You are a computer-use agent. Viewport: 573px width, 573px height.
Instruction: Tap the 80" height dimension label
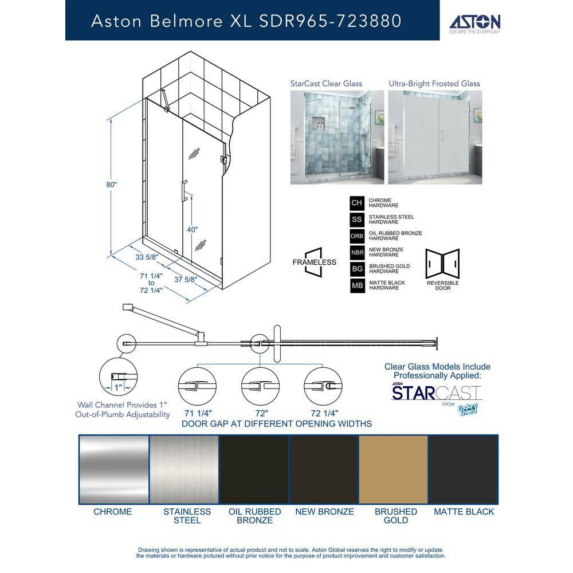click(111, 185)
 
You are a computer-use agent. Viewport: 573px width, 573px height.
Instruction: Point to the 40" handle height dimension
click(193, 229)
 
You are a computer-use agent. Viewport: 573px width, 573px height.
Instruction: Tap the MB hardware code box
click(357, 285)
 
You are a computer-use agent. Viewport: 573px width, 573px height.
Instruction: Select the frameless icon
click(314, 262)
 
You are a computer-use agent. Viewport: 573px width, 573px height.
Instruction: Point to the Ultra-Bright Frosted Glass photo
click(434, 137)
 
